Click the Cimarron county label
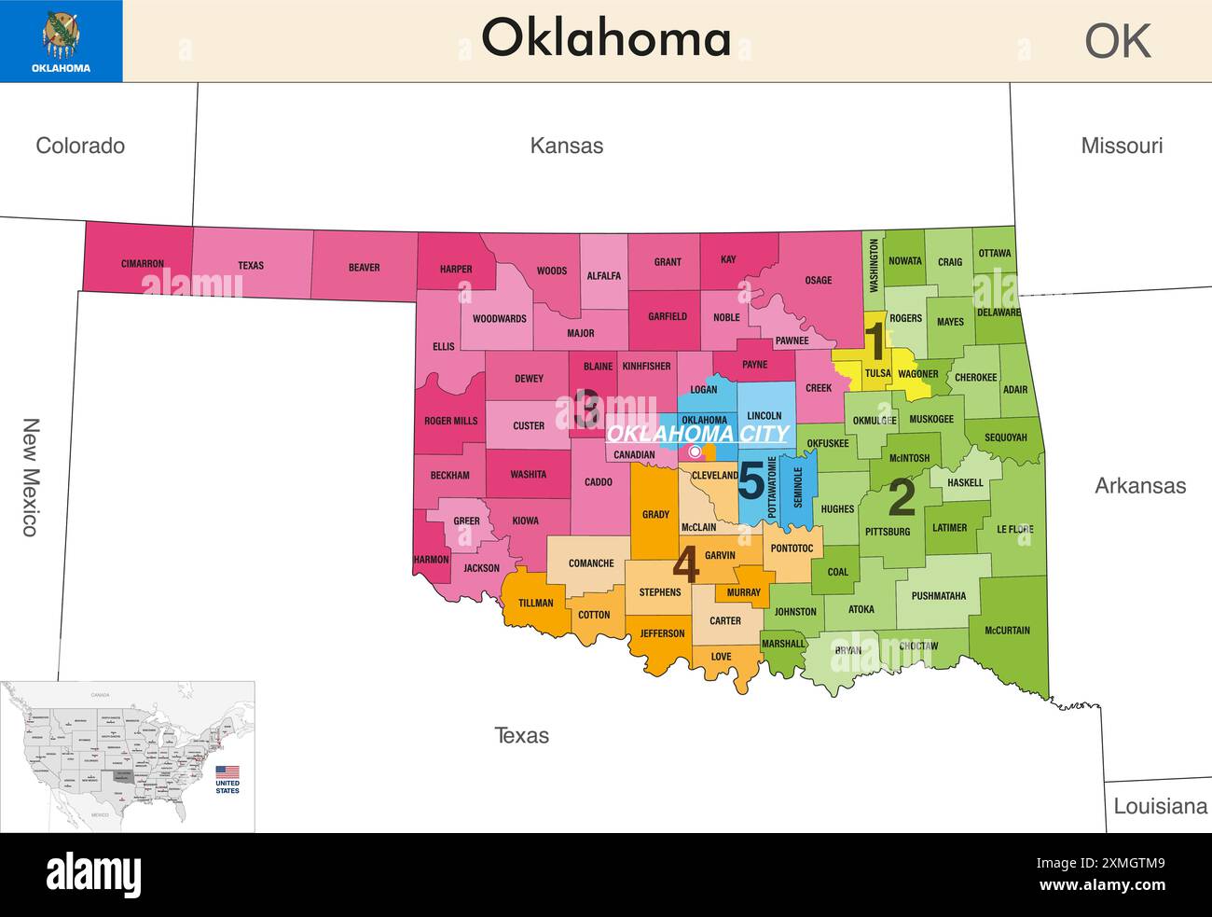click(142, 264)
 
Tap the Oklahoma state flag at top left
click(61, 41)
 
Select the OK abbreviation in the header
click(1118, 41)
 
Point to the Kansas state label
click(566, 146)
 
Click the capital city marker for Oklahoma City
click(695, 452)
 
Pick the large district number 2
click(901, 497)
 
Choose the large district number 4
click(685, 564)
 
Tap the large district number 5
click(751, 481)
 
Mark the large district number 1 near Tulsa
click(875, 340)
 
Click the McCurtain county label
click(1007, 631)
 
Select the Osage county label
click(818, 280)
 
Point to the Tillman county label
click(535, 603)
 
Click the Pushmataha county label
click(938, 596)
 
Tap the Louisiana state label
click(1160, 806)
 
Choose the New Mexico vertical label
click(30, 477)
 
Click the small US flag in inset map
click(227, 772)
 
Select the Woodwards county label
click(499, 319)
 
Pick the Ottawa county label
click(994, 254)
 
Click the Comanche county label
click(591, 563)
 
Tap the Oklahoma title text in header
click(605, 39)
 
